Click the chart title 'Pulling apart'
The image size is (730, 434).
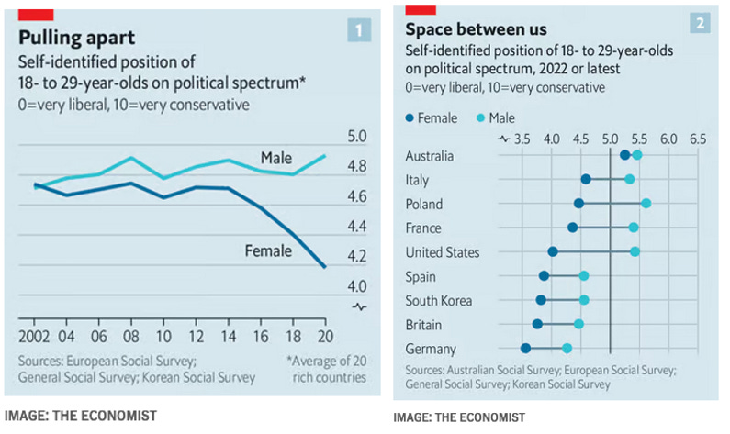[77, 38]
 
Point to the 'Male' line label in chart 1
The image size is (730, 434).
[276, 157]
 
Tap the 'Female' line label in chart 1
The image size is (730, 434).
[267, 249]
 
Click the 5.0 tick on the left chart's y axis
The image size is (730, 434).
[355, 138]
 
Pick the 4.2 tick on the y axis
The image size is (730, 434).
[355, 256]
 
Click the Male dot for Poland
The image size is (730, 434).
[646, 204]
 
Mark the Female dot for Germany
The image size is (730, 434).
[525, 349]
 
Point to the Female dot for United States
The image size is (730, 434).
[553, 251]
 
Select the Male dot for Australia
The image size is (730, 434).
[636, 156]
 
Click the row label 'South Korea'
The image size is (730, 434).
[438, 300]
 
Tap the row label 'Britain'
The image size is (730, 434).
[423, 325]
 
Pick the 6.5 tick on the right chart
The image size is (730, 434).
[697, 140]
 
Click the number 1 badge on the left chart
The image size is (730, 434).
[359, 29]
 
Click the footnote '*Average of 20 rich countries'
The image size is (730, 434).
[326, 368]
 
